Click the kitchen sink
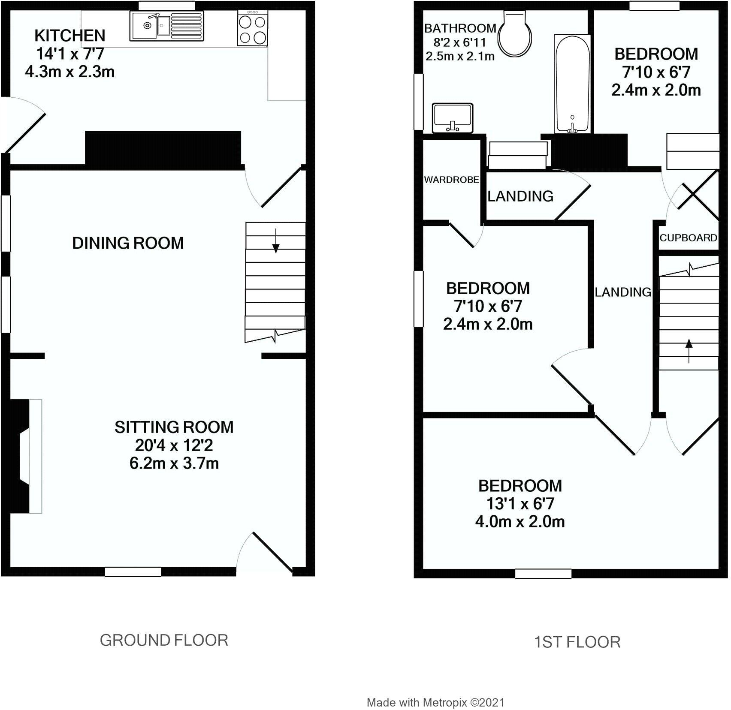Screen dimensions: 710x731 click(167, 26)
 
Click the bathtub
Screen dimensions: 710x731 click(572, 84)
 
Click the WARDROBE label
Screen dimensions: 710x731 click(451, 180)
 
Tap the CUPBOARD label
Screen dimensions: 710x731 click(688, 238)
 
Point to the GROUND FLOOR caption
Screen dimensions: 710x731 click(164, 641)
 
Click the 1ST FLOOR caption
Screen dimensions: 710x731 click(577, 642)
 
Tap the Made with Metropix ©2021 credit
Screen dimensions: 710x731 click(435, 702)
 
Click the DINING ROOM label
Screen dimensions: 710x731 click(128, 244)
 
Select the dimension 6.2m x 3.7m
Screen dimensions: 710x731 click(174, 463)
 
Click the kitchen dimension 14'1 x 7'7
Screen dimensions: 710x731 click(70, 54)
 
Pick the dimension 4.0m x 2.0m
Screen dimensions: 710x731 click(520, 522)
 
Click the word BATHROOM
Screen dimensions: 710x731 click(460, 29)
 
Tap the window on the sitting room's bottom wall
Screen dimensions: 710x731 click(133, 572)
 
